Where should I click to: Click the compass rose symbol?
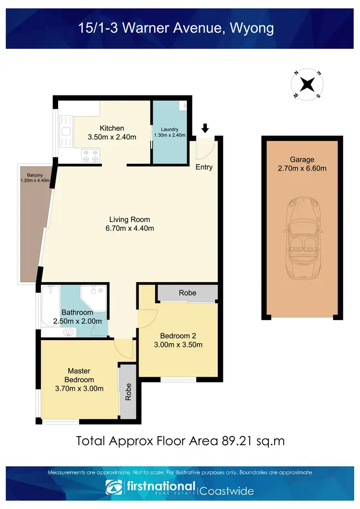307,84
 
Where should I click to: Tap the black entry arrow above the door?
205,128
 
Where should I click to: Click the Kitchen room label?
112,128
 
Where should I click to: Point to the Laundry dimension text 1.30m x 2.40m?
170,135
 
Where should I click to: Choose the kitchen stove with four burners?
91,155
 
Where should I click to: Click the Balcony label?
28,174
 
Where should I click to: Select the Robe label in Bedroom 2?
187,293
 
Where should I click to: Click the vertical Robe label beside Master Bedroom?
128,391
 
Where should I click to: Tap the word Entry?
204,167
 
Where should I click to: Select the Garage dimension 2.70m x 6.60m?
302,168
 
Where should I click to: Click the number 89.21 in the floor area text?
237,440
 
